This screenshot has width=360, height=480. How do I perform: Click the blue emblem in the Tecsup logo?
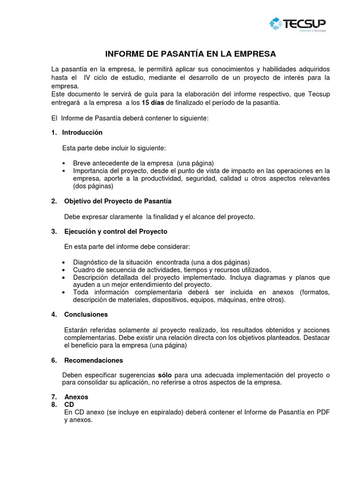click(x=277, y=23)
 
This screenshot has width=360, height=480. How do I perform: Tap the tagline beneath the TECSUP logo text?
click(x=313, y=31)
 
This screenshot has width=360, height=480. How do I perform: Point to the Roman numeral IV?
click(x=87, y=77)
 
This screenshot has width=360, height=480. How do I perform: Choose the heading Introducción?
click(x=82, y=133)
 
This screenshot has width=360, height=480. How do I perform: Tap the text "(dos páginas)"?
click(x=93, y=186)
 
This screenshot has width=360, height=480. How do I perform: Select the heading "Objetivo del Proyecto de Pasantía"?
click(x=118, y=201)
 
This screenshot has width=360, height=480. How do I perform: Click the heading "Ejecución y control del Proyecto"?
click(x=115, y=232)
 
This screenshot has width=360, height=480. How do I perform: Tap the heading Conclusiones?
click(x=86, y=315)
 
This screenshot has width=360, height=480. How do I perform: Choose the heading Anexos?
click(x=76, y=397)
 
